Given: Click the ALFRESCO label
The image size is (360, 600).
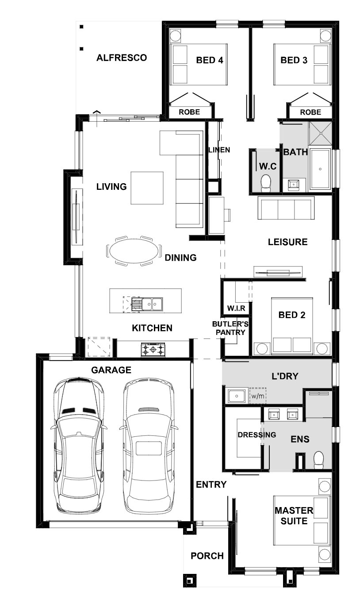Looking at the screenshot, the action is point(122,58).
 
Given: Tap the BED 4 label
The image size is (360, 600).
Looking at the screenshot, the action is point(210,60).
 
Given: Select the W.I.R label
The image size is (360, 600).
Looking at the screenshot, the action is point(236,308).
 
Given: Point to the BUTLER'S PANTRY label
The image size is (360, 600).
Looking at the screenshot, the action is point(230,328).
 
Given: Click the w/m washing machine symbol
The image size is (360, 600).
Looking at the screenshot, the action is point(258,396).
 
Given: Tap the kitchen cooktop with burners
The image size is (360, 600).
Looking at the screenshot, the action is point(153,349).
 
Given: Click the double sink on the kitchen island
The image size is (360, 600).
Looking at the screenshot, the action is point(152,304).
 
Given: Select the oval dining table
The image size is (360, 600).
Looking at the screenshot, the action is point(134,251).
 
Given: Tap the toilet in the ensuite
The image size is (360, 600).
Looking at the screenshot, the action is point(318,461).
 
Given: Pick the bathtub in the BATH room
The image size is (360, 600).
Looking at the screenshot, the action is point(320,169).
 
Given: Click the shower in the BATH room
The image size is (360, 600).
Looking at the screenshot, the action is point(320,133).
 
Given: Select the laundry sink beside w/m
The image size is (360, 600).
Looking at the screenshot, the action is point(236,396).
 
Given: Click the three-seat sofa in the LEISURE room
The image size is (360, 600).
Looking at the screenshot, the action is point(286,208).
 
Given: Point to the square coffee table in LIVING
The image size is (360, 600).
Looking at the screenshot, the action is point(147,188).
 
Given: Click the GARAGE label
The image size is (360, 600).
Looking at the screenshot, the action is point(111,370).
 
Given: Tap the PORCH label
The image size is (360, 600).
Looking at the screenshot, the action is point(207,556).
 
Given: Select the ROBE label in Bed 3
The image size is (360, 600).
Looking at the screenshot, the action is point(310,112).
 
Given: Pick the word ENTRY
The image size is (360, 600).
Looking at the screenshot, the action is point(211,484).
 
